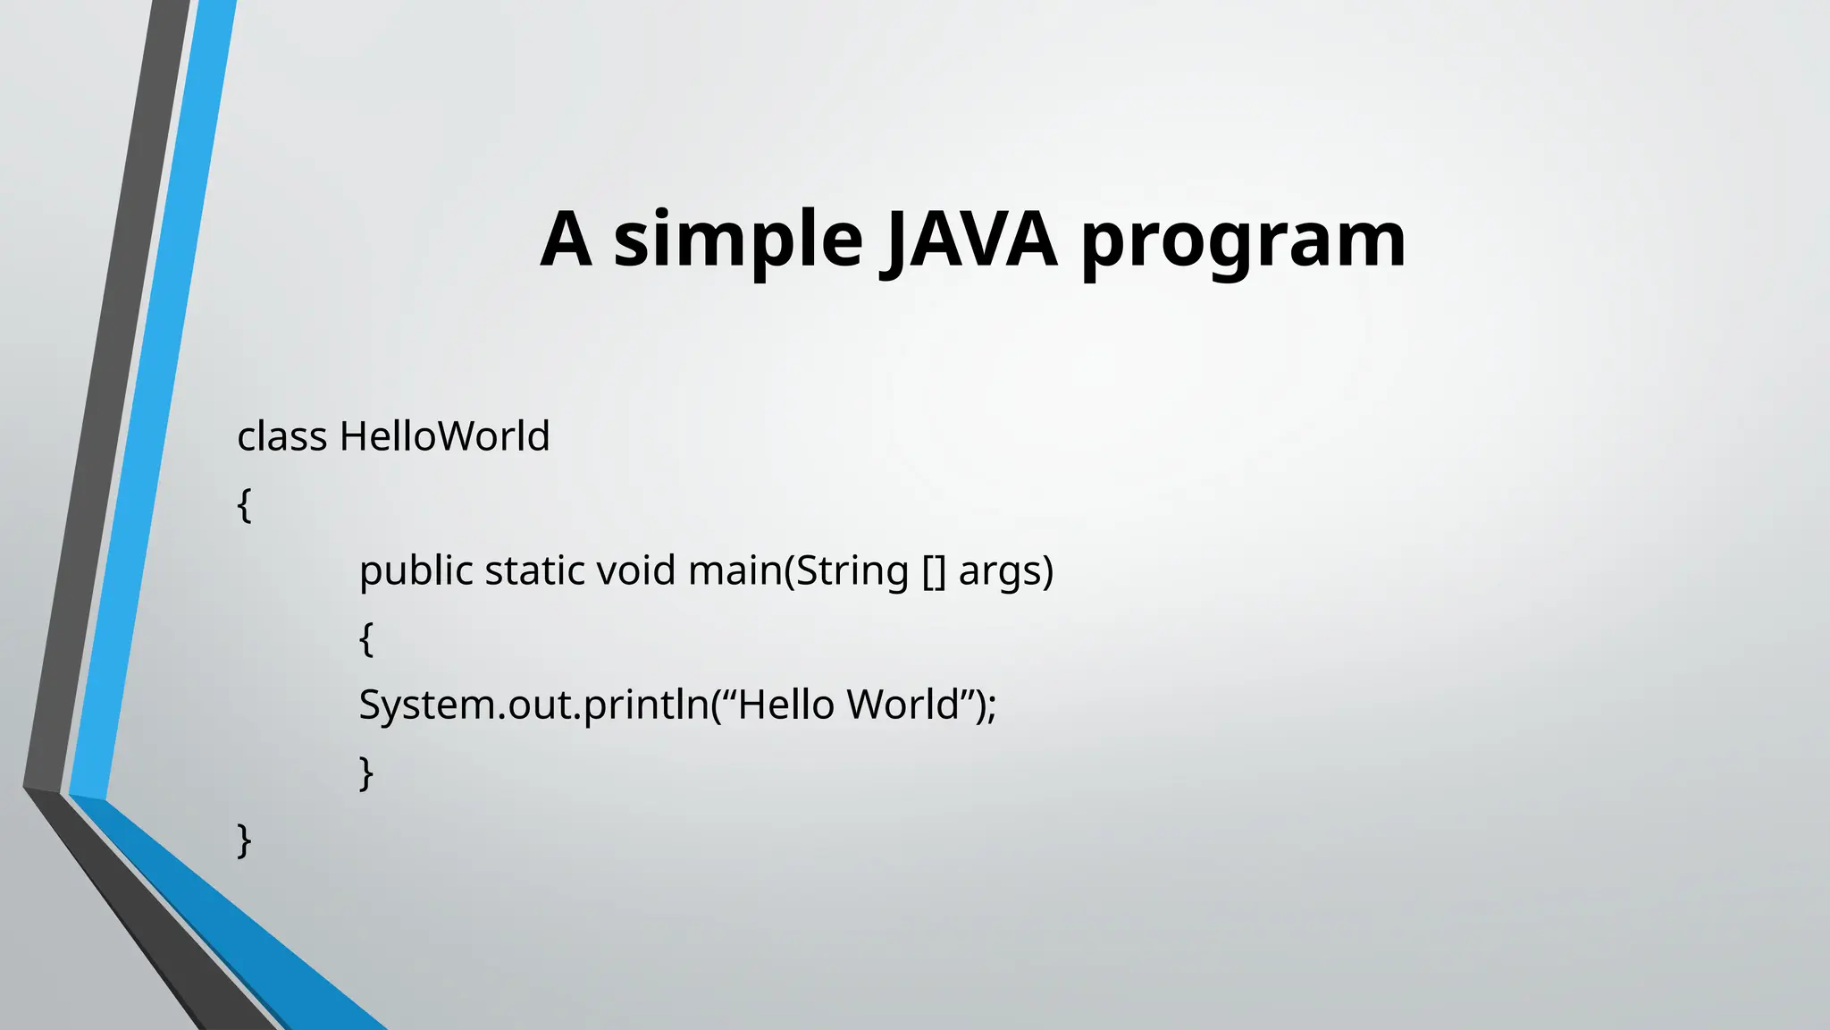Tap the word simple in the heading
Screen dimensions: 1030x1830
737,239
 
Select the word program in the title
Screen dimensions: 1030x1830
1243,241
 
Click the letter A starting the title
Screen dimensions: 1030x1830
567,239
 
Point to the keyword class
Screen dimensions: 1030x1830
281,437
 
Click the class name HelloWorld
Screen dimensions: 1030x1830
444,437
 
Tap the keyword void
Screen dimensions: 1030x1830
635,571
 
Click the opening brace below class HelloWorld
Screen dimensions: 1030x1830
244,505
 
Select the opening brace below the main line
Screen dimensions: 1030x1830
366,639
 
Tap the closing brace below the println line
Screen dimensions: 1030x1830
365,772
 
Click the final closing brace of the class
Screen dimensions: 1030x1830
244,840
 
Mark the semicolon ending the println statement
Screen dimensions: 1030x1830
991,707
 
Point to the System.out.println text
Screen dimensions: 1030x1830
533,705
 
